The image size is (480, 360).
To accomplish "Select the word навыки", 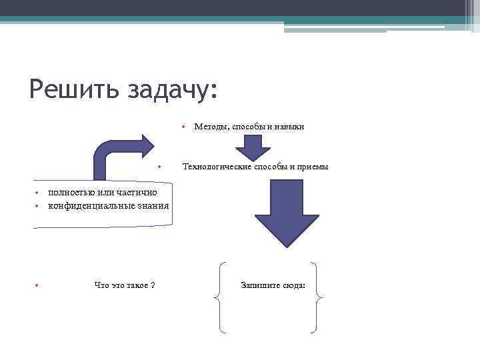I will click(x=289, y=126).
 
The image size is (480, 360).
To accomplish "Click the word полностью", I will click(x=69, y=193).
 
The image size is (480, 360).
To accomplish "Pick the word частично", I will click(x=138, y=193).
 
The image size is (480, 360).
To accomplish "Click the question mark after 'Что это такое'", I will click(x=153, y=285).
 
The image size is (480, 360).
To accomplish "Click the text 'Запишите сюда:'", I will click(x=273, y=285).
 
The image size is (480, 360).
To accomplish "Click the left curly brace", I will click(x=221, y=297).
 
